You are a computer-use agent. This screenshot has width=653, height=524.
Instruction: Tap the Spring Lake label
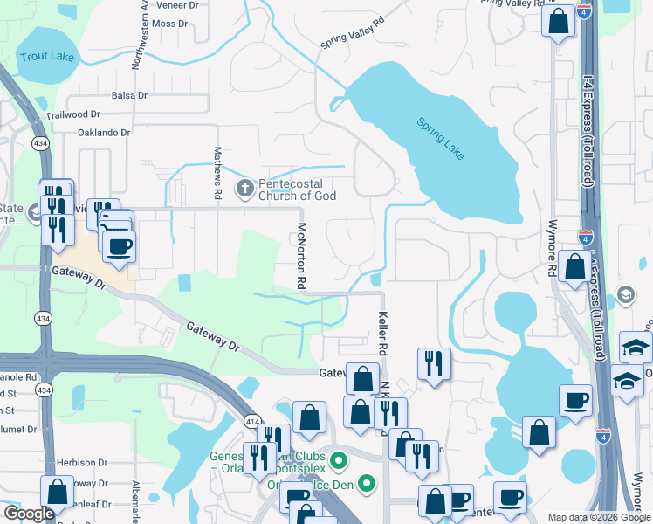pyautogui.click(x=440, y=138)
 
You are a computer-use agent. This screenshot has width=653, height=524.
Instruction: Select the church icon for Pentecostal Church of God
pyautogui.click(x=245, y=189)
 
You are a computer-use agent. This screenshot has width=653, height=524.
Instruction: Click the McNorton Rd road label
pyautogui.click(x=300, y=256)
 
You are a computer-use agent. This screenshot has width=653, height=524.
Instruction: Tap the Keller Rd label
pyautogui.click(x=381, y=333)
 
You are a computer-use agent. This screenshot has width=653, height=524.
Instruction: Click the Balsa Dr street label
pyautogui.click(x=133, y=95)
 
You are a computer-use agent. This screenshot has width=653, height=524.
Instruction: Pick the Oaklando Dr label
pyautogui.click(x=104, y=133)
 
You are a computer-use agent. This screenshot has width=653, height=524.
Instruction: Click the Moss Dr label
pyautogui.click(x=169, y=24)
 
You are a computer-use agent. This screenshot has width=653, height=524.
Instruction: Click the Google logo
pyautogui.click(x=29, y=514)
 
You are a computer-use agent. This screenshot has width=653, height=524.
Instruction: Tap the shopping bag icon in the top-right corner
pyautogui.click(x=558, y=20)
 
